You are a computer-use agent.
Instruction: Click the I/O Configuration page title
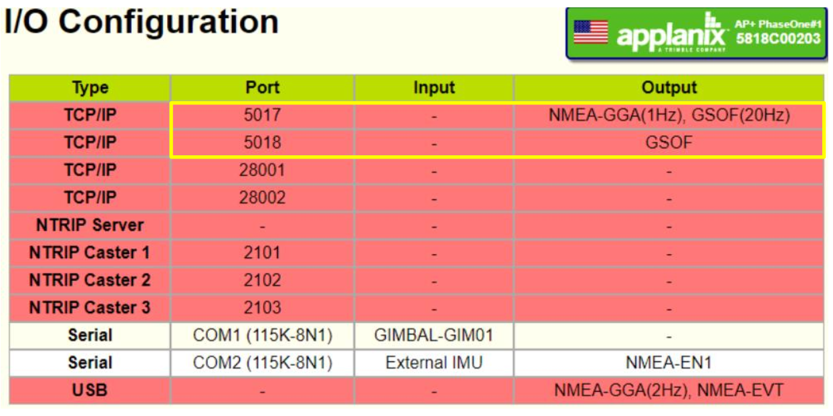[x=141, y=22]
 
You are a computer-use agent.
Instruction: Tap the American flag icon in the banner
[x=591, y=32]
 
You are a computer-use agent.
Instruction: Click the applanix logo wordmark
[x=671, y=35]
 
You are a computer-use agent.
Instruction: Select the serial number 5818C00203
[x=778, y=39]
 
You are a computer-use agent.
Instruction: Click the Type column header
[x=90, y=88]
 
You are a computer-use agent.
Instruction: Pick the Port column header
[x=262, y=88]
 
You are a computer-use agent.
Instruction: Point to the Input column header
[x=434, y=88]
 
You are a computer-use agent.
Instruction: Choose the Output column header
[x=669, y=88]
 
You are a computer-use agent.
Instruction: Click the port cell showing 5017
[x=262, y=115]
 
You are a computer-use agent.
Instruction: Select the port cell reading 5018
[x=262, y=142]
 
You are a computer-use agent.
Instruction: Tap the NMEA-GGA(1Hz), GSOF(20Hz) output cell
[x=669, y=115]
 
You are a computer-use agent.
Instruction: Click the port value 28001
[x=262, y=170]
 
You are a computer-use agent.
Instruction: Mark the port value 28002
[x=262, y=197]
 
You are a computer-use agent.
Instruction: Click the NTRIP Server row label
[x=90, y=225]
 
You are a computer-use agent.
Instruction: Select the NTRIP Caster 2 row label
[x=90, y=280]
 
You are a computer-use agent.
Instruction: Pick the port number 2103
[x=262, y=308]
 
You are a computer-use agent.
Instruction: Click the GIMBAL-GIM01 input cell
[x=434, y=335]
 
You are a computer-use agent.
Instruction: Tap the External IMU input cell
[x=434, y=362]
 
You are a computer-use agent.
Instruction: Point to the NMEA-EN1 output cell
[x=669, y=362]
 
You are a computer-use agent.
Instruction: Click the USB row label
[x=90, y=391]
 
